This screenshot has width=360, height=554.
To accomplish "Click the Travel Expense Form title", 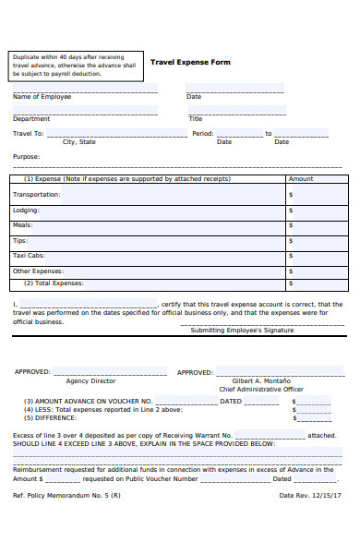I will (190, 62).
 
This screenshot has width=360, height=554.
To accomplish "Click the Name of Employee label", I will (42, 97).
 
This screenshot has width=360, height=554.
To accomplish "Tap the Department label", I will (31, 118).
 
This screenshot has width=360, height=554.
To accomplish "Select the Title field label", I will (195, 118).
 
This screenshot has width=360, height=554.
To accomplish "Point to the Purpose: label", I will (26, 156).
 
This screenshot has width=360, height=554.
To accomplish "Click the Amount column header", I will (301, 179).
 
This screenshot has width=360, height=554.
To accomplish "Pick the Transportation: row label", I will (37, 195).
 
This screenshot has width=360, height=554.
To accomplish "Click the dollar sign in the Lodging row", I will (291, 211).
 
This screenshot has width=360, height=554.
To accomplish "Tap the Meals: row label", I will (23, 224).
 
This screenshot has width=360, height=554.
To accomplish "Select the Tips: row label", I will (21, 240).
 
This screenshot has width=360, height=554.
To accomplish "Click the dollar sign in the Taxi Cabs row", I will (291, 255).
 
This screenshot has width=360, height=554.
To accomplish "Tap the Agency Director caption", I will (90, 380).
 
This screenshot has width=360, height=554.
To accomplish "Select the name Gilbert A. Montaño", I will (261, 380).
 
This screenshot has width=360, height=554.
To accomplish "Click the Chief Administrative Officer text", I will (261, 390).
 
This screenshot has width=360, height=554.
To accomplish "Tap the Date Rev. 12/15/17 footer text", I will (310, 495).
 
